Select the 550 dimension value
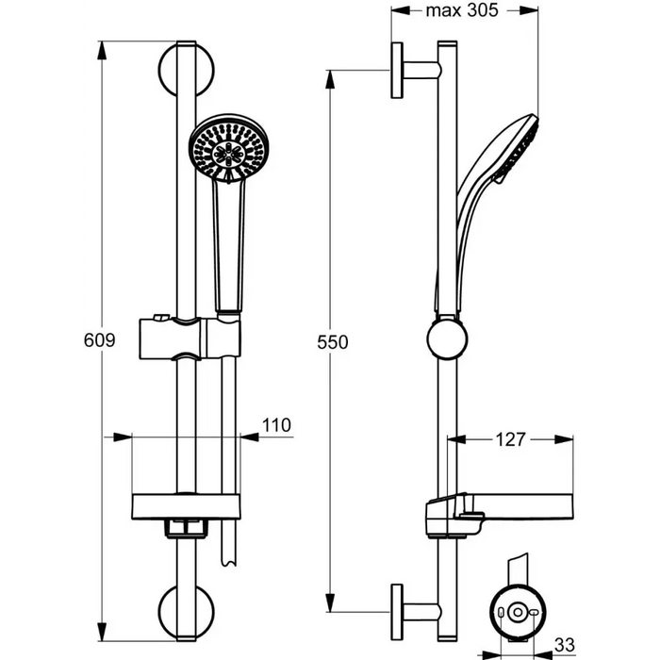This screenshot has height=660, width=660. coord(334,343)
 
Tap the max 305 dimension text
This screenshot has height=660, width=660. coord(461,10)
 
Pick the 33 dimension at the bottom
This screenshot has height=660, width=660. coord(565,644)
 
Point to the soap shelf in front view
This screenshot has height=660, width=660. coord(186,505)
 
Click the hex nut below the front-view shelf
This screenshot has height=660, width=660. coord(187,528)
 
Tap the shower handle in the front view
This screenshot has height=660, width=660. coord(229,245)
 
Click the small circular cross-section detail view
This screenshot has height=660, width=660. coord(515,614)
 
